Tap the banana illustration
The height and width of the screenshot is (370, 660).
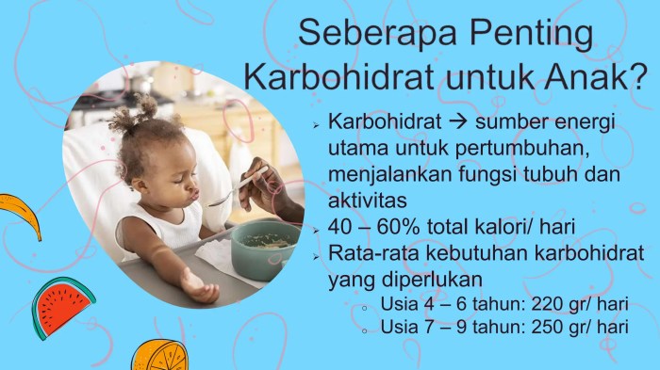pos(21,215)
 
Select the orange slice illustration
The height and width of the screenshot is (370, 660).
pos(158,355)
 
